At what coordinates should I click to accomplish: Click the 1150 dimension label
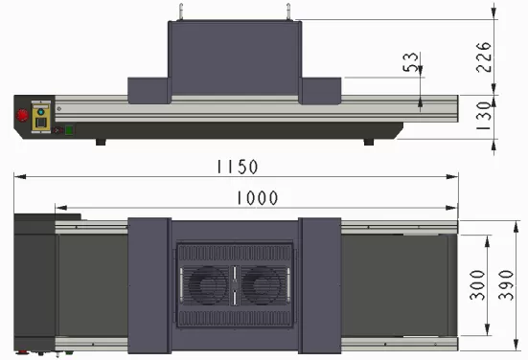[237, 167]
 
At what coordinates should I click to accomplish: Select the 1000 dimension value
[258, 198]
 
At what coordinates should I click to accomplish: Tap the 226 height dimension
[484, 57]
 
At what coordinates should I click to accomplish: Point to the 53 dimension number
[410, 62]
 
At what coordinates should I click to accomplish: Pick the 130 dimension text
[484, 116]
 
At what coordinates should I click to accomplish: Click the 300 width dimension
[477, 285]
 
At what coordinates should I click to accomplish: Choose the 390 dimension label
[506, 285]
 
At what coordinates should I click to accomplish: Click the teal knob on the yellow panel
[41, 112]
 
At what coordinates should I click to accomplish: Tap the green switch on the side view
[69, 130]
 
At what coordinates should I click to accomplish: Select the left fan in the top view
[207, 285]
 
